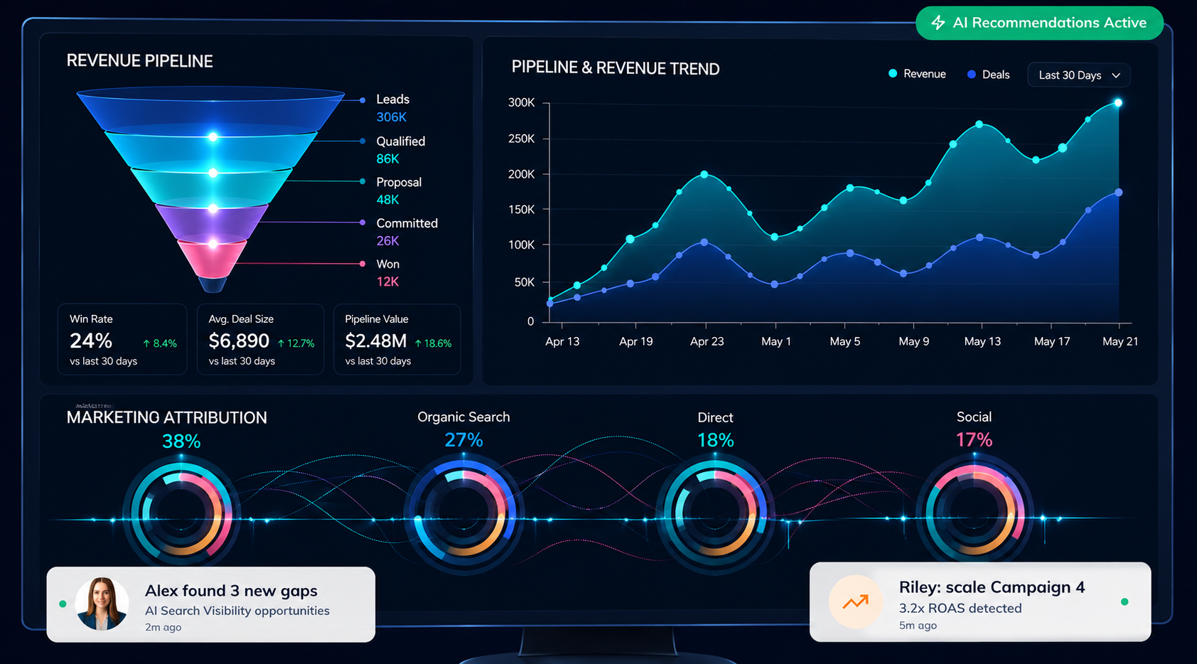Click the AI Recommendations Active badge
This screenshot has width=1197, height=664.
[1039, 23]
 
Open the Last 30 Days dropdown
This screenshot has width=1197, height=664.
[1079, 75]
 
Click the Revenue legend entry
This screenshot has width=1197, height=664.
[917, 74]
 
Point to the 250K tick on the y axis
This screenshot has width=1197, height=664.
[521, 139]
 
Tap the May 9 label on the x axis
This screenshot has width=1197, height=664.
[914, 341]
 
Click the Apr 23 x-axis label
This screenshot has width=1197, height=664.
[707, 341]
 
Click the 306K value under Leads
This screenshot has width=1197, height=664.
[391, 117]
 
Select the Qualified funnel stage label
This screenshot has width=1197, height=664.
[401, 141]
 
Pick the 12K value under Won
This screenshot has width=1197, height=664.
[387, 282]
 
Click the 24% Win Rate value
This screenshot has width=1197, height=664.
[91, 341]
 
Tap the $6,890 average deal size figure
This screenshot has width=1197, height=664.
[239, 341]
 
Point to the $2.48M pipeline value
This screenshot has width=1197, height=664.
[376, 341]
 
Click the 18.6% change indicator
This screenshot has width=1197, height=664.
[434, 343]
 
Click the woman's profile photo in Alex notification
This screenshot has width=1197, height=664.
[102, 604]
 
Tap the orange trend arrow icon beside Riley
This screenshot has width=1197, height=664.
[856, 602]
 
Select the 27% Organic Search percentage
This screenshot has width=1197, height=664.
[463, 440]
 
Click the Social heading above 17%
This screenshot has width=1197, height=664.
[974, 417]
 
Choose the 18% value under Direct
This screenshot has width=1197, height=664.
[716, 440]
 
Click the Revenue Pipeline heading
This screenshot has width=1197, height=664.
[139, 61]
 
